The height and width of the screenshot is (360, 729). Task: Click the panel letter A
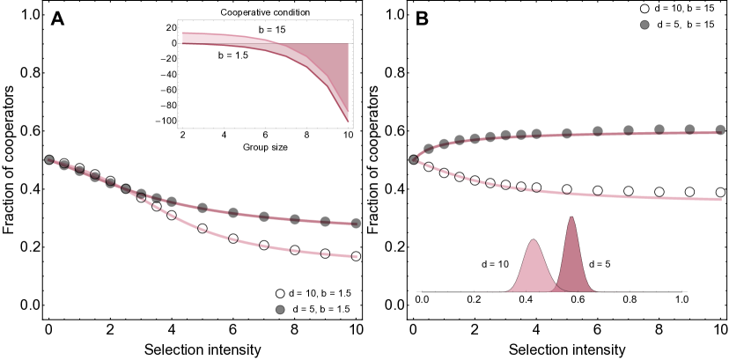57,19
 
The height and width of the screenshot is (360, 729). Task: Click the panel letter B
422,19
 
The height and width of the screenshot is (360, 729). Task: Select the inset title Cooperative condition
266,12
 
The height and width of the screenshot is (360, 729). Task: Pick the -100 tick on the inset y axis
165,121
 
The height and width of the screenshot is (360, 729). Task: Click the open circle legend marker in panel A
281,294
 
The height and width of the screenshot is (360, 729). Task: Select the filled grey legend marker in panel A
281,310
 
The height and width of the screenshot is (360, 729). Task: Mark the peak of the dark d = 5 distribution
572,217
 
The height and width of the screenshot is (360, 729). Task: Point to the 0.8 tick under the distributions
630,300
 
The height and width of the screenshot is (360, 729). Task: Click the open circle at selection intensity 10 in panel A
357,256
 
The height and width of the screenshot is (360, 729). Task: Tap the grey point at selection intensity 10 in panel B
720,129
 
